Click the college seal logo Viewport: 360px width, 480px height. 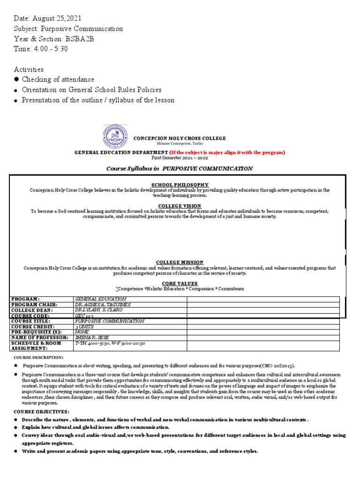click(114, 137)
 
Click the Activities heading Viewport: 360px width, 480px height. click(29, 69)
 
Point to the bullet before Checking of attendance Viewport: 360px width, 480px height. click(16, 80)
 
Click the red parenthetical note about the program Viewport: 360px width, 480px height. click(227, 152)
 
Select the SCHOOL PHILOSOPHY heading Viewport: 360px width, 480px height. click(180, 185)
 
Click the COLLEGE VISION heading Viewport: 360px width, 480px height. click(180, 206)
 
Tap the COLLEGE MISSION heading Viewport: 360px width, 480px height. click(180, 262)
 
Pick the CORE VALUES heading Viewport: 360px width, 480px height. click(180, 284)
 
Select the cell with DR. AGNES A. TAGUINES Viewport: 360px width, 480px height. click(103, 305)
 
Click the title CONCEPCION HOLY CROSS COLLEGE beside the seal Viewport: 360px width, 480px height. click(180, 138)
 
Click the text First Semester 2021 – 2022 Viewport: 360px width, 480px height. click(180, 158)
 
